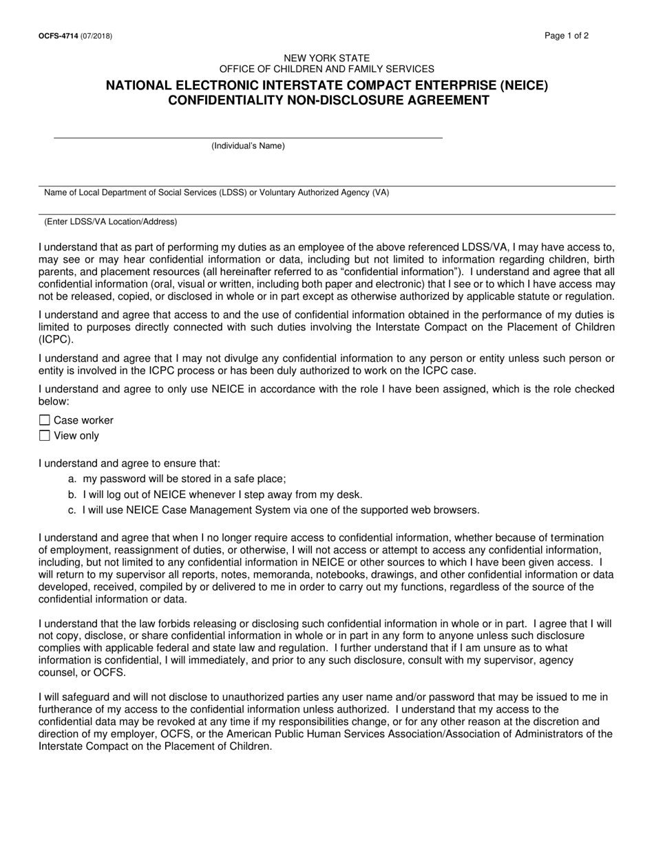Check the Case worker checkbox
45,420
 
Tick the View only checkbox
45,435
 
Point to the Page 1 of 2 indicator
566,36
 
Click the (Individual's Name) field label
248,146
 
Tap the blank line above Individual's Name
248,137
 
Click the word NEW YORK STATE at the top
327,58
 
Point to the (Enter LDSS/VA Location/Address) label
110,221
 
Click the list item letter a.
72,479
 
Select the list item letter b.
72,495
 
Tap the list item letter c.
72,510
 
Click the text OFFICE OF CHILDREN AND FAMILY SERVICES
327,69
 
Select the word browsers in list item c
456,510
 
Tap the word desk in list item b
349,495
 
